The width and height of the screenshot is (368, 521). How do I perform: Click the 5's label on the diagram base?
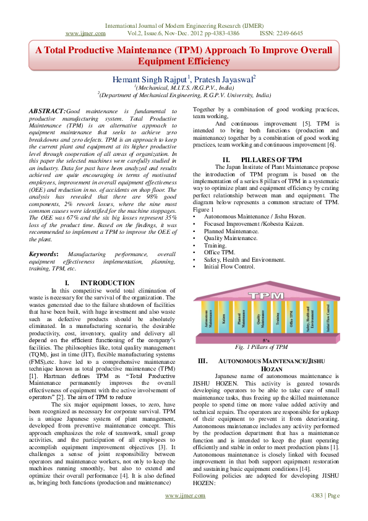point(266,340)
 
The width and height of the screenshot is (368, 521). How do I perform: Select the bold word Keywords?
point(43,272)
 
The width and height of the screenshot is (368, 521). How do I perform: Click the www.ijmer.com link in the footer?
point(184,513)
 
